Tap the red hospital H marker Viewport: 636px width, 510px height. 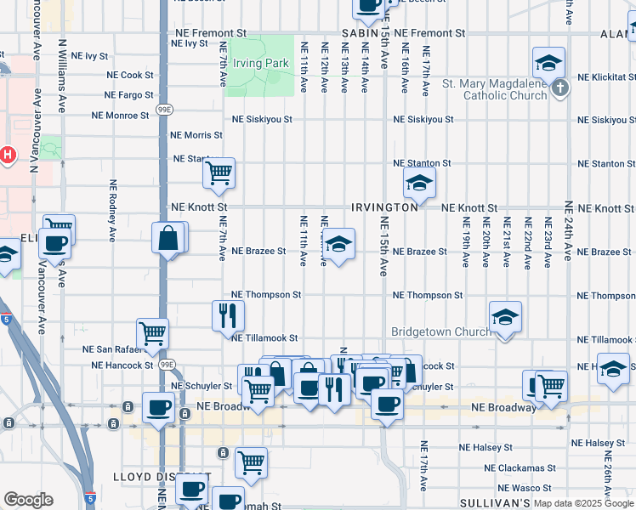(8, 156)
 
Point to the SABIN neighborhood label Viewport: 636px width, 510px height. (359, 32)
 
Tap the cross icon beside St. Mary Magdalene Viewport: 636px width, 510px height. (559, 88)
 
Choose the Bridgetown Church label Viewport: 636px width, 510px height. (440, 331)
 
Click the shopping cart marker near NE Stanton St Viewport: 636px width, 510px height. (219, 173)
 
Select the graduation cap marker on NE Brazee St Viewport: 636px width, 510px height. (338, 245)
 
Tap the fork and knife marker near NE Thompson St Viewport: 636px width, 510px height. (228, 315)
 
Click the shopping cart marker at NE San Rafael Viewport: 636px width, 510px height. (153, 334)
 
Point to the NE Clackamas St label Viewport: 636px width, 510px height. (519, 467)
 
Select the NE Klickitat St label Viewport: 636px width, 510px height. (606, 76)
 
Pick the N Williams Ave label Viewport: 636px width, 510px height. (62, 76)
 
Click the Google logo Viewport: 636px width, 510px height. (28, 500)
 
